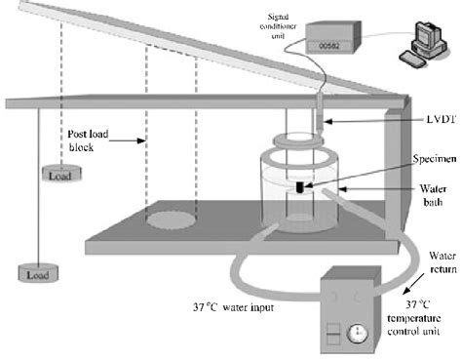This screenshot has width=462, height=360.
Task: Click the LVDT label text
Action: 442,119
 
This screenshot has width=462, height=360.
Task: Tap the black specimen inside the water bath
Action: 299,187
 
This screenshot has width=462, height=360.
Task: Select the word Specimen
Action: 435,159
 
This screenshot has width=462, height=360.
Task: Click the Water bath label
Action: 433,195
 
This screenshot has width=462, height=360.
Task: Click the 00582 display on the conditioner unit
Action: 328,46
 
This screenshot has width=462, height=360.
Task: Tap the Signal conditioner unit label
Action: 278,26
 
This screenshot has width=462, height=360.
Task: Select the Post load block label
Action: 88,140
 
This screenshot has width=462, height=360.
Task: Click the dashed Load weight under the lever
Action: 61,173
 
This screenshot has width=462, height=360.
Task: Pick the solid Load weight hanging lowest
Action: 38,272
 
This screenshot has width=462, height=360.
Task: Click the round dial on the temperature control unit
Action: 358,333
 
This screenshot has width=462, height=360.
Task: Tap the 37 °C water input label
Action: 233,307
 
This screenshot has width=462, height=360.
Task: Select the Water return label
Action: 443,262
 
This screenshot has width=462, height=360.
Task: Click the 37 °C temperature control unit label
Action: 414,318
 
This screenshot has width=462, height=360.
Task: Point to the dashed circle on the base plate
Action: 172,220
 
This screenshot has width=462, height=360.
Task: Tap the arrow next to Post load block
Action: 128,140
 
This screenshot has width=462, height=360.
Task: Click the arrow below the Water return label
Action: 413,284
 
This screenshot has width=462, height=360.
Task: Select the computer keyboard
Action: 412,60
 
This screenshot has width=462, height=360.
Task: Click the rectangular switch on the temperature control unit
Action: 333,334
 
